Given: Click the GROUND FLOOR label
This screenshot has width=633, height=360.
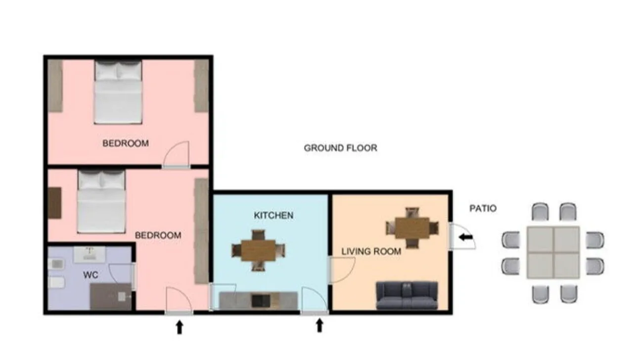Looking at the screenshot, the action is click(x=341, y=148).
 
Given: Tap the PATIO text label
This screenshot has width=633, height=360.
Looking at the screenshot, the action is click(x=483, y=208).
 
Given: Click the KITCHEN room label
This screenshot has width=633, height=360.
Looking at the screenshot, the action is click(x=273, y=215).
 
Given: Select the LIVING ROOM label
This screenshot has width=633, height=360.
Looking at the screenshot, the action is click(x=371, y=251).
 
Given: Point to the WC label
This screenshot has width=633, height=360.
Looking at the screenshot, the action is click(x=90, y=274).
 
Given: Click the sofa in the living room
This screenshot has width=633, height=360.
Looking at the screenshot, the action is click(x=407, y=295).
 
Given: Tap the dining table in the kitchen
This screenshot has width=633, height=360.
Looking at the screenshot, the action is click(x=258, y=250).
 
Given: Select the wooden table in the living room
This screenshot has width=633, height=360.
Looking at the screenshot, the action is click(x=412, y=228).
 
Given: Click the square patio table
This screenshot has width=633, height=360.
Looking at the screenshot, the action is click(x=553, y=252).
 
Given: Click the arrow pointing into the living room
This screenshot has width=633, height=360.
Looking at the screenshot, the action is click(x=466, y=237).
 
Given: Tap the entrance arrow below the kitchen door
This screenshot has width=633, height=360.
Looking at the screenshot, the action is click(x=319, y=325).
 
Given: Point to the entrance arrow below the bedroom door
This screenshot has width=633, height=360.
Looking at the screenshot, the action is click(x=180, y=327).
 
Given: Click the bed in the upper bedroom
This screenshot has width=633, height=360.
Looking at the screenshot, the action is click(x=118, y=92).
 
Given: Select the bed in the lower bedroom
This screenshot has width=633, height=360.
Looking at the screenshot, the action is click(x=101, y=201).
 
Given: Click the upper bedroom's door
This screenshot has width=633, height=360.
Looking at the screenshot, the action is click(x=176, y=155).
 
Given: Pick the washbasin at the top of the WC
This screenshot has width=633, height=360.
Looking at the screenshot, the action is click(x=90, y=254).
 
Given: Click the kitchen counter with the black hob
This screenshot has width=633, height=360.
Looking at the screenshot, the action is click(x=258, y=301).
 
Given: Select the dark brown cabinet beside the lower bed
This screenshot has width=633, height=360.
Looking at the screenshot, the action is click(x=54, y=203).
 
